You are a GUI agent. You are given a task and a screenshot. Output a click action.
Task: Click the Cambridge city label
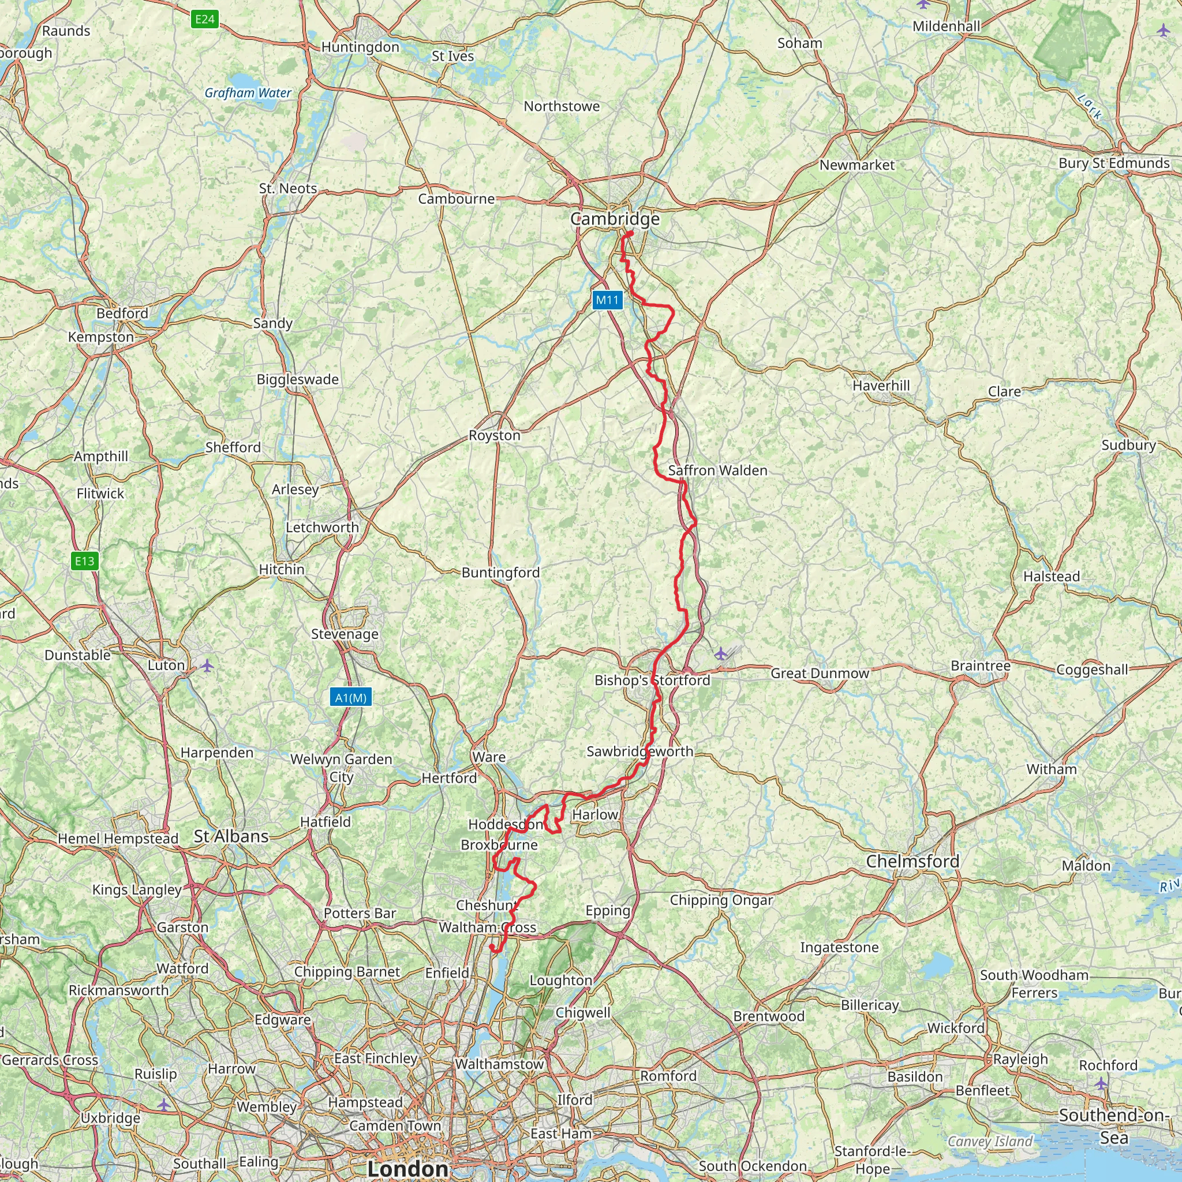click(x=615, y=219)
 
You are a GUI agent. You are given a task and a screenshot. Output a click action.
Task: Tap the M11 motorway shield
click(x=608, y=300)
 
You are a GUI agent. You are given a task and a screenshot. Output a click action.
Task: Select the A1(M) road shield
click(x=350, y=697)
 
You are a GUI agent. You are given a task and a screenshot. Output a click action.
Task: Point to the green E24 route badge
click(x=204, y=20)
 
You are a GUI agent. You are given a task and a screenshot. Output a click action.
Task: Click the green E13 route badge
click(x=84, y=561)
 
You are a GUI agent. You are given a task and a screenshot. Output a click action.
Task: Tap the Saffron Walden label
click(x=717, y=470)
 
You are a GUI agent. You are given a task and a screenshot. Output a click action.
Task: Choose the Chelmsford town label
click(x=912, y=862)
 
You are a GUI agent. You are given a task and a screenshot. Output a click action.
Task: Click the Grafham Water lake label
click(x=248, y=93)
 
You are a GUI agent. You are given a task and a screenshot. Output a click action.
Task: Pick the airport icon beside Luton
click(x=207, y=665)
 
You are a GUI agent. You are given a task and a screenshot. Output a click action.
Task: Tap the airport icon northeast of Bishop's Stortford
click(x=721, y=654)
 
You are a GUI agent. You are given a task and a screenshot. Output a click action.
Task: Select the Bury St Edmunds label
click(x=1114, y=163)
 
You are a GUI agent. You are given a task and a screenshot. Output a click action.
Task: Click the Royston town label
click(x=495, y=436)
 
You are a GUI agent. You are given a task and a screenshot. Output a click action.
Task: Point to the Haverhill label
click(x=881, y=386)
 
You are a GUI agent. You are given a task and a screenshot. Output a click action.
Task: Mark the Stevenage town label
click(x=345, y=634)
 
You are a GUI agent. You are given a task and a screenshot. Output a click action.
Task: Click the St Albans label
click(x=231, y=836)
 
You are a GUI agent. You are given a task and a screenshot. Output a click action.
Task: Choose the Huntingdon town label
click(x=360, y=47)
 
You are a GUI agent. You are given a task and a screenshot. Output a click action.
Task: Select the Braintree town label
click(x=981, y=665)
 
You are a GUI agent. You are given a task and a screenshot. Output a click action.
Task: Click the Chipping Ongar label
click(x=721, y=900)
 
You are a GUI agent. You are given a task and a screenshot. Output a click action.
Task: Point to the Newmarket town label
click(x=856, y=165)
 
